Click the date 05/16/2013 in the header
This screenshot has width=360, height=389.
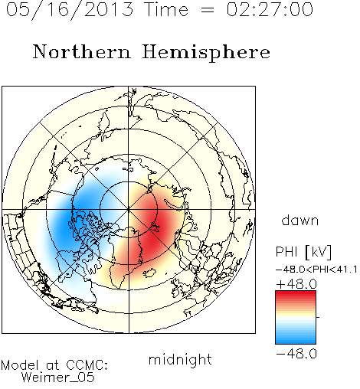coord(70,10)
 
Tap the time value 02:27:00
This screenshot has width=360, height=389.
coord(270,10)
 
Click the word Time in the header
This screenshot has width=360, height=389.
coord(166,10)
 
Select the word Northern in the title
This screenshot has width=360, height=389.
coord(82,51)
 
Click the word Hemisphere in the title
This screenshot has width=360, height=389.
coord(206,52)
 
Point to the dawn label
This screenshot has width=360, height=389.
coord(299,221)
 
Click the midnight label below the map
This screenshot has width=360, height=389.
coord(180,360)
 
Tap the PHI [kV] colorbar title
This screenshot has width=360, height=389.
coord(303,252)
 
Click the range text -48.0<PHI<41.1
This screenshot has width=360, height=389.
coord(316,270)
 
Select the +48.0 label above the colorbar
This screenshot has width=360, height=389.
coord(296,284)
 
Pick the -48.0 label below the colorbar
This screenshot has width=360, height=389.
coord(296,354)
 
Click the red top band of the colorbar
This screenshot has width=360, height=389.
coord(296,294)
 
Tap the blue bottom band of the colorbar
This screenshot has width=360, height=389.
coord(296,341)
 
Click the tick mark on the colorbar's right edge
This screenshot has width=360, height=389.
coord(318,317)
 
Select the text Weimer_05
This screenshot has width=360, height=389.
coord(58,378)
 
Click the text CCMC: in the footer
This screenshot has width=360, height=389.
coord(87,365)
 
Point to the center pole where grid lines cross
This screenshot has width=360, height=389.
coord(129,210)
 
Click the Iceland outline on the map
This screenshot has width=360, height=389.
coord(150,273)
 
